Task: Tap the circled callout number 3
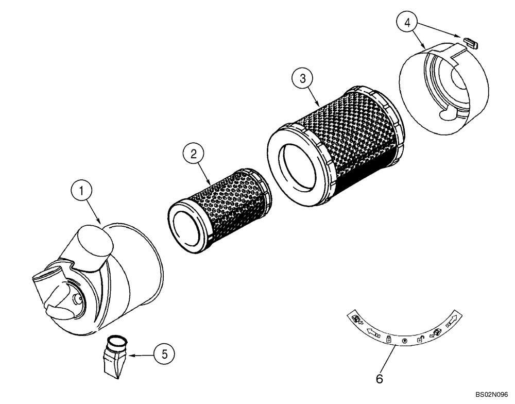tap(303, 78)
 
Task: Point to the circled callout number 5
tap(164, 353)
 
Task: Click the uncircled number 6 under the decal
tap(380, 379)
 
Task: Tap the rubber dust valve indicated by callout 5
tap(115, 356)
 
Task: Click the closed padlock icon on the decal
tap(388, 339)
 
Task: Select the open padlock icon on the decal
tap(420, 338)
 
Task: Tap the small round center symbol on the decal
tap(404, 341)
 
